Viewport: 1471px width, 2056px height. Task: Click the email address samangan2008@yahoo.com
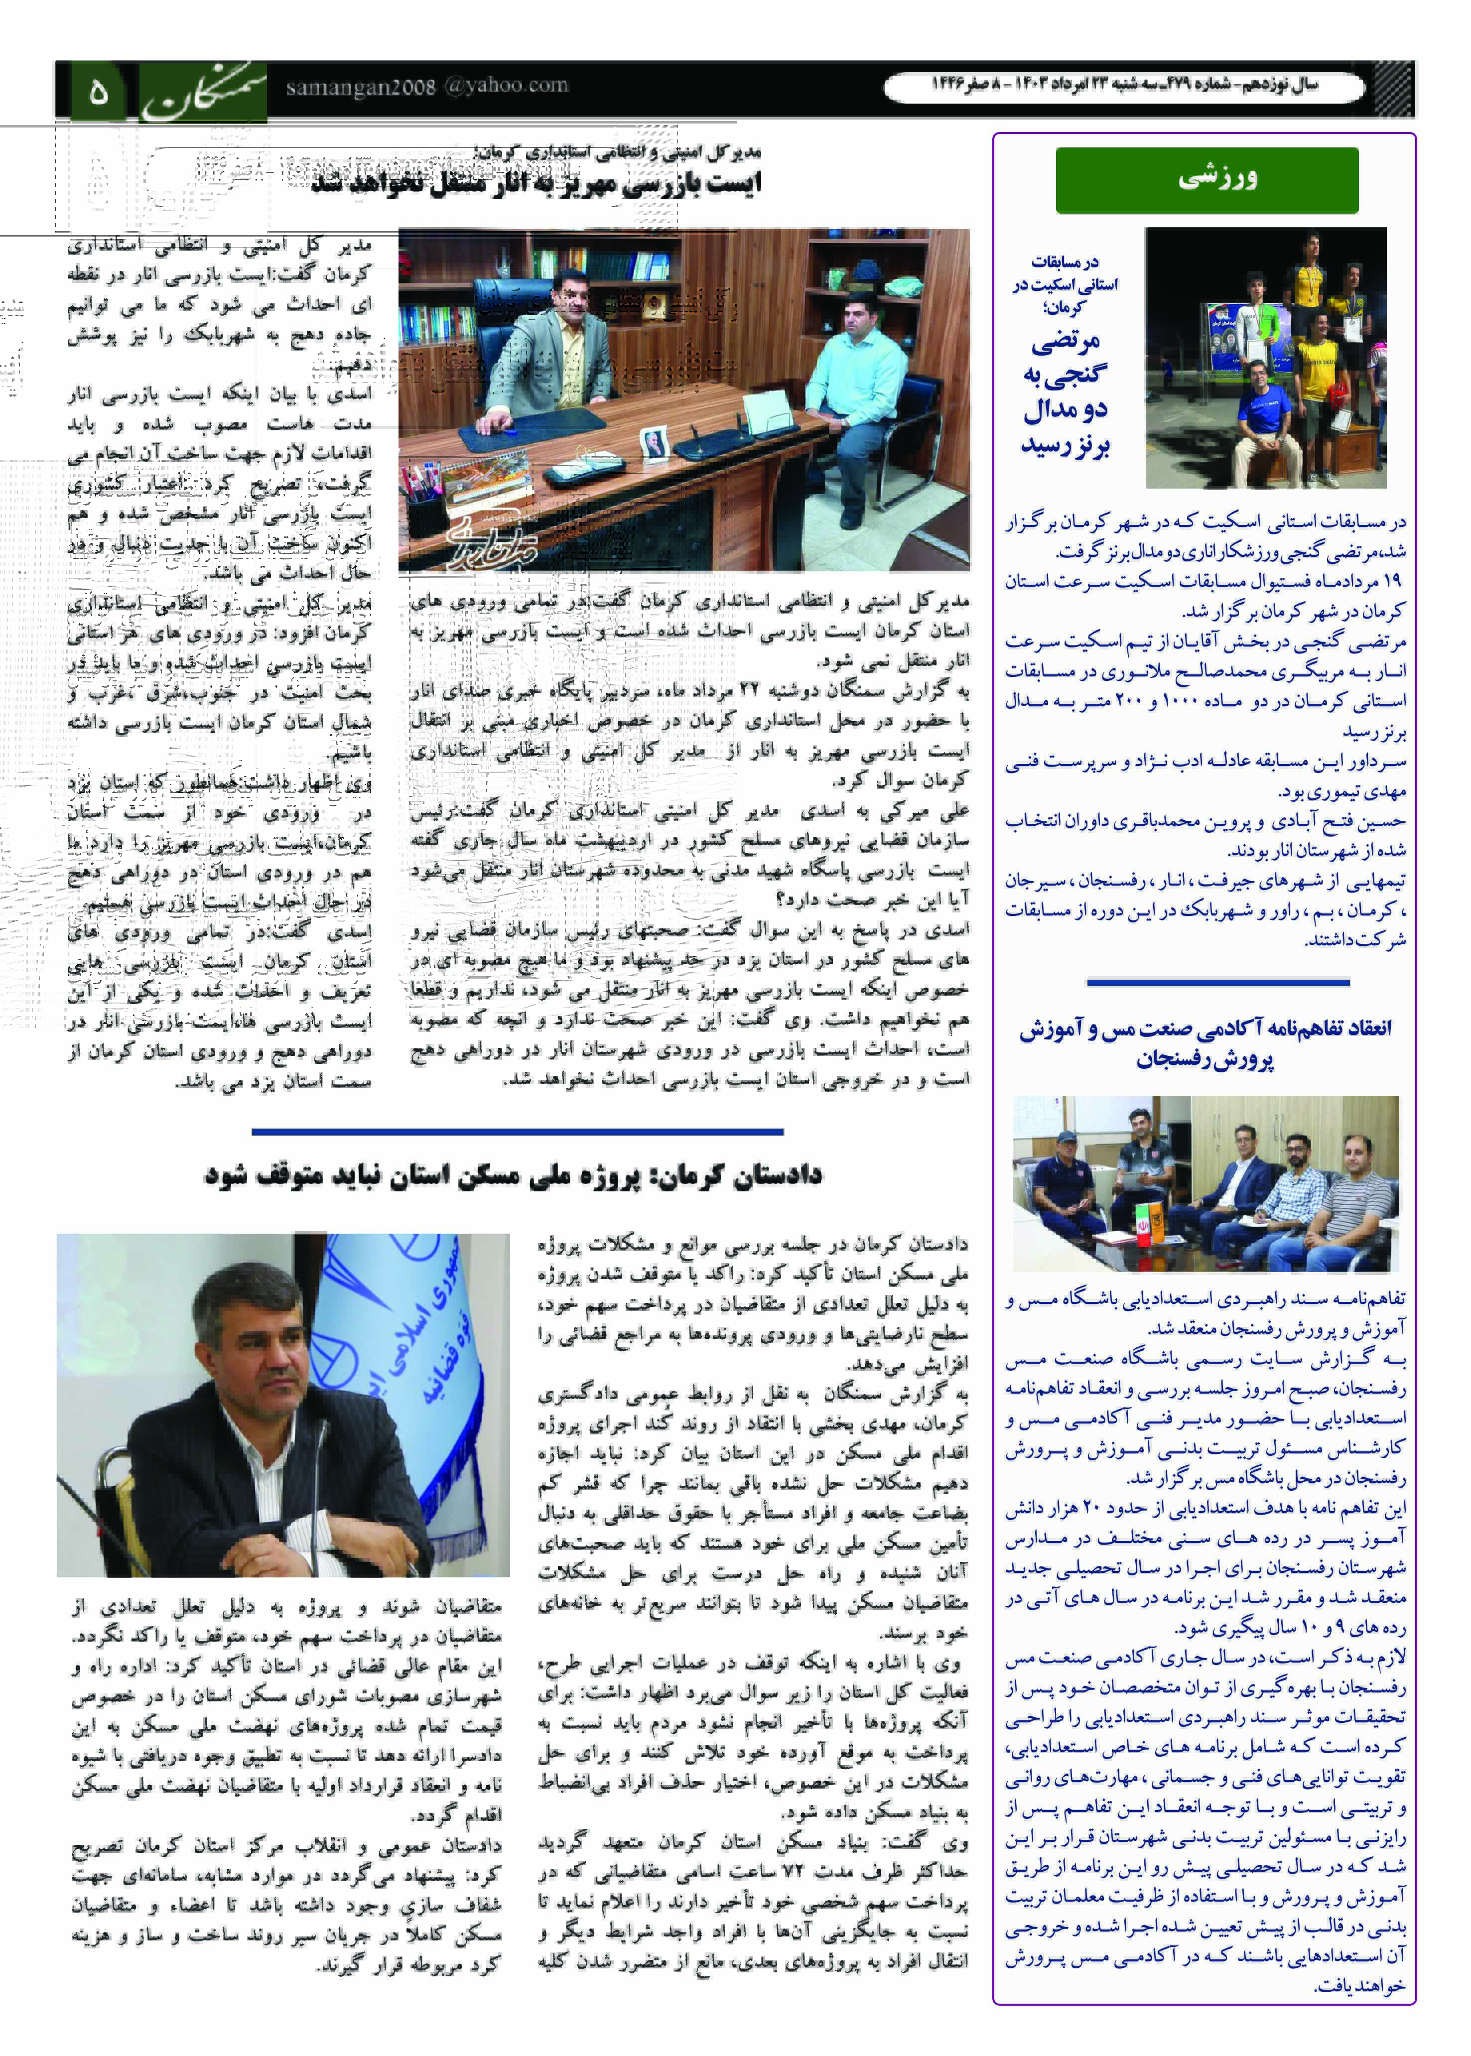pos(426,87)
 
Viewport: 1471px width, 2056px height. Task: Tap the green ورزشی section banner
pos(1206,179)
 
